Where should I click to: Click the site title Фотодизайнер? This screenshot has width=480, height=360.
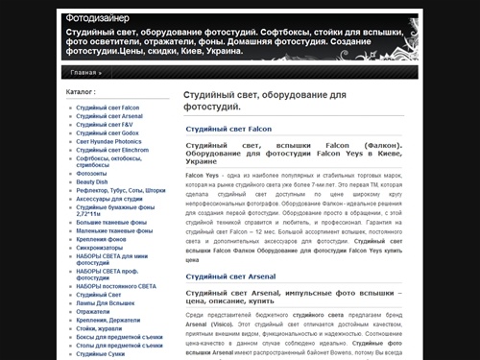104,18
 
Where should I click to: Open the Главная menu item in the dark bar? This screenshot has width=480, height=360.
84,72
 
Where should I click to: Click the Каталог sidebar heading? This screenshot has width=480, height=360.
82,92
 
